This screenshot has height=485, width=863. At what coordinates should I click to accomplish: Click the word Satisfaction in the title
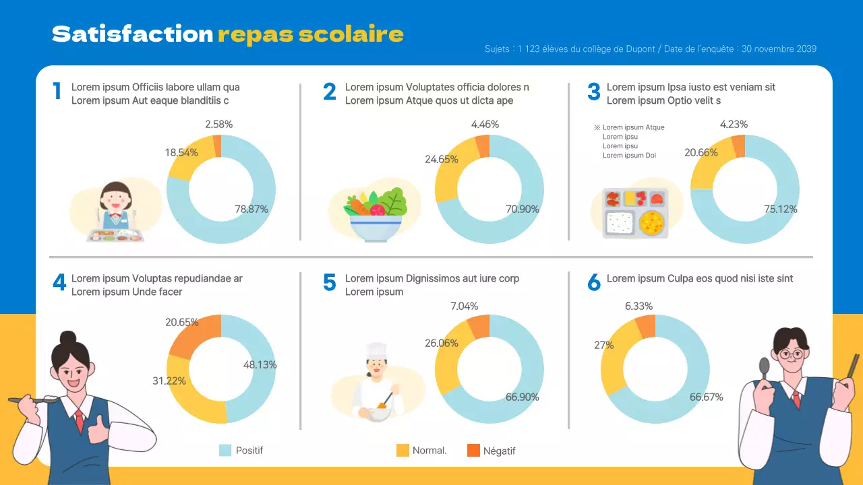[x=132, y=34]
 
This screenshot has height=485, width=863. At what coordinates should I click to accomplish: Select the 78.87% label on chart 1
[x=251, y=209]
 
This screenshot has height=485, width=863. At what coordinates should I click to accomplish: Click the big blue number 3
[x=593, y=92]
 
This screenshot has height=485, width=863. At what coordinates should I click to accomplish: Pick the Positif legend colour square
[x=225, y=450]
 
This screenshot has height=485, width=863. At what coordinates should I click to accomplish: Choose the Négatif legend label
[x=499, y=451]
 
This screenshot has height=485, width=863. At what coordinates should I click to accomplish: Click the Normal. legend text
[x=429, y=450]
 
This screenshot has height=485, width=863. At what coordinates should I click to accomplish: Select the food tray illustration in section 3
[x=634, y=213]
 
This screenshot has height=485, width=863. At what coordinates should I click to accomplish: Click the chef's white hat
[x=376, y=350]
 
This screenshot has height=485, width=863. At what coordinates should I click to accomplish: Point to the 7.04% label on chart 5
[x=464, y=306]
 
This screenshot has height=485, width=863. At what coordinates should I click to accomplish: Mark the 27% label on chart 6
[x=603, y=345]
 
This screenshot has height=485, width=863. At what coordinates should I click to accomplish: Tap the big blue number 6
[x=593, y=283]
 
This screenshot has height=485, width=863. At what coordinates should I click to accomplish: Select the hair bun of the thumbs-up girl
[x=68, y=338]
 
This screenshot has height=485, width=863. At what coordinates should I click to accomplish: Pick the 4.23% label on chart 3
[x=734, y=124]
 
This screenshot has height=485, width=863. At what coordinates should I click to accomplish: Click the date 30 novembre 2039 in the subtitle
[x=779, y=49]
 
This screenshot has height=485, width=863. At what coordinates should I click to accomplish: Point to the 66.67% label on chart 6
[x=706, y=397]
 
